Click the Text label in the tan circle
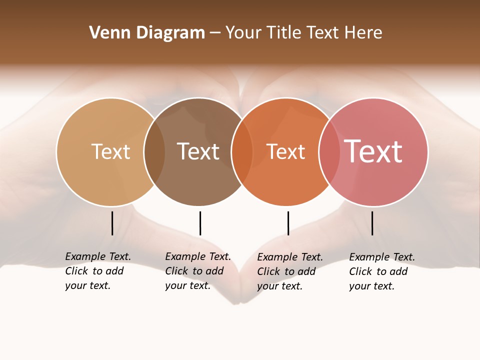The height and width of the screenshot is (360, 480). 110,151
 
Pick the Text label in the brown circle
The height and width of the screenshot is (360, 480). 198,151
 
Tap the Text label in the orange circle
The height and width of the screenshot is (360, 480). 285,152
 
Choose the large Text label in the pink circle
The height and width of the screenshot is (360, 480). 373,151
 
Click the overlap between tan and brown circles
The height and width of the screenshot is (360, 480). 154,151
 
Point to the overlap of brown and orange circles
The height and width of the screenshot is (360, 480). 242,151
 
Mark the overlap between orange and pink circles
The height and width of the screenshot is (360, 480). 329,151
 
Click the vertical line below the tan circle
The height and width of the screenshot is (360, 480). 112,223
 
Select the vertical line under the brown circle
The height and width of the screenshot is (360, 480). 200,223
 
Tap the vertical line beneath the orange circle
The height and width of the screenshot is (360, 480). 288,223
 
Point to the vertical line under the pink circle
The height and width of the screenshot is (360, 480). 372,223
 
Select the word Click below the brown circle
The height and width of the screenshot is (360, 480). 176,271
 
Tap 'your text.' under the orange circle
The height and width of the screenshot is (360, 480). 280,286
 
